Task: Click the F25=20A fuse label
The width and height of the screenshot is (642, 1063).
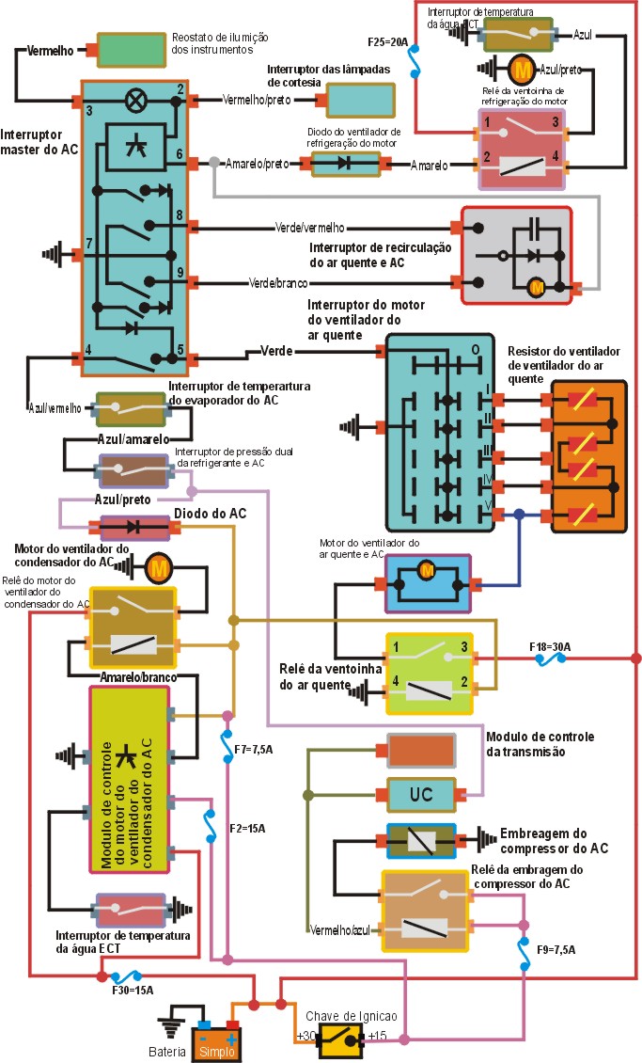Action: coord(387,42)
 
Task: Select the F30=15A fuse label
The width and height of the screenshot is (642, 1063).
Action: coord(132,990)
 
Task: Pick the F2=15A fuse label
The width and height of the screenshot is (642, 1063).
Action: coord(247,828)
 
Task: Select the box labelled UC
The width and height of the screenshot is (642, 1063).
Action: coord(421,795)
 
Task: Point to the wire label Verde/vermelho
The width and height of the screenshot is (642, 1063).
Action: coord(310,228)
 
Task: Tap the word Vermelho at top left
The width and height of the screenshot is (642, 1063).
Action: coord(52,49)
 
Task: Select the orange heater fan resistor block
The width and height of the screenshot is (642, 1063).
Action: coord(587,457)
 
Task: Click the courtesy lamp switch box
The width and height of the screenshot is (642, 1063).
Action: coord(360,100)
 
